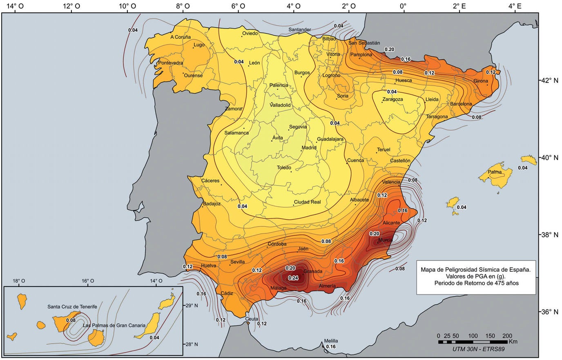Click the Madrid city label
point(309,148)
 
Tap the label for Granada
point(313,271)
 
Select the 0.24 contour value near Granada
point(293,278)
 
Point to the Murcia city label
point(385,240)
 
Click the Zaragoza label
point(393,99)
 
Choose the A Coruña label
point(181,37)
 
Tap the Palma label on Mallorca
point(495,172)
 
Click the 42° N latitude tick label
point(550,80)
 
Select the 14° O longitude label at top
point(15,6)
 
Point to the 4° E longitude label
point(515,6)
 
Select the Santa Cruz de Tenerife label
point(72,306)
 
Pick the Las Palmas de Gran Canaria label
point(114,326)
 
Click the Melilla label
point(331,341)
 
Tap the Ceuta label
point(252,319)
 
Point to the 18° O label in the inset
point(19,281)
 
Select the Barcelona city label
point(461,104)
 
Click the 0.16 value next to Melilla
point(331,347)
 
